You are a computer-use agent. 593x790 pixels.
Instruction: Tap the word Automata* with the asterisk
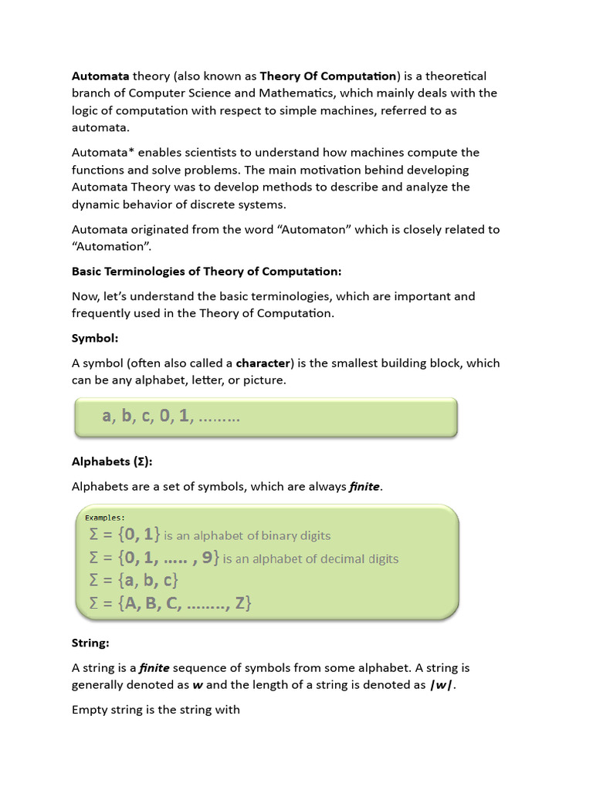(x=103, y=153)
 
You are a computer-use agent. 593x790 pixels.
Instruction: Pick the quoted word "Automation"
(x=110, y=247)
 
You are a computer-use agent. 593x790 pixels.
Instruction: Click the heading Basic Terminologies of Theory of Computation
(x=206, y=272)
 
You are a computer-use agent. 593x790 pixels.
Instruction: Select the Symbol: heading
(x=95, y=339)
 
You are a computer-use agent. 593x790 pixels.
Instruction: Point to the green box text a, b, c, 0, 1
(x=171, y=417)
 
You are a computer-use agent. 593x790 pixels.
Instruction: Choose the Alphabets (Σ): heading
(x=112, y=461)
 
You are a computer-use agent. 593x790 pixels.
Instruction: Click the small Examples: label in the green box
(x=104, y=518)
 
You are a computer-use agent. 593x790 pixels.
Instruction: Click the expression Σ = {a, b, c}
(x=134, y=580)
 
